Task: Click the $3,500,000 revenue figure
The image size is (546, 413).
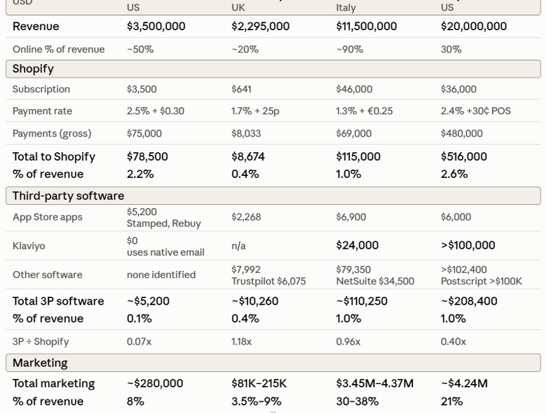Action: pyautogui.click(x=156, y=26)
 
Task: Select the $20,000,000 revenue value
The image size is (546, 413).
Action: pyautogui.click(x=474, y=26)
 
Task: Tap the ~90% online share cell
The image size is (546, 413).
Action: pyautogui.click(x=350, y=50)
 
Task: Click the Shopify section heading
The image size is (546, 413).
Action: pyautogui.click(x=33, y=69)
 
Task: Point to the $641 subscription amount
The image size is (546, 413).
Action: pyautogui.click(x=241, y=89)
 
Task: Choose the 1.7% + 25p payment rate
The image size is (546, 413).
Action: pyautogui.click(x=255, y=111)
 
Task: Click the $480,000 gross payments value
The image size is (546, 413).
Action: pyautogui.click(x=462, y=133)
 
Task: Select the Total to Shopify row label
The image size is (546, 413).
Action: pyautogui.click(x=54, y=157)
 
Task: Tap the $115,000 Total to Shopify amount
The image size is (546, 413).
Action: pyautogui.click(x=358, y=157)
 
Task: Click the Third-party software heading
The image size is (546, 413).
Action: pyautogui.click(x=68, y=195)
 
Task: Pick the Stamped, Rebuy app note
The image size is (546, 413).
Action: pyautogui.click(x=164, y=223)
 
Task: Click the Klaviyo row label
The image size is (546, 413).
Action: pyautogui.click(x=29, y=246)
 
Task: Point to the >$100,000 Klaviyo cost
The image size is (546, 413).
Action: pyautogui.click(x=468, y=245)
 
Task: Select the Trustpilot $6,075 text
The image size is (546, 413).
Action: pyautogui.click(x=268, y=281)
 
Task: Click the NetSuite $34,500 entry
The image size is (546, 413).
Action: pyautogui.click(x=375, y=281)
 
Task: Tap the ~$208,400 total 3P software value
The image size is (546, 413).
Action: pyautogui.click(x=469, y=301)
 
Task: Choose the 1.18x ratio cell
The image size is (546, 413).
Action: pyautogui.click(x=241, y=342)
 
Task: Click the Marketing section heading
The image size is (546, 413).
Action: pyautogui.click(x=40, y=363)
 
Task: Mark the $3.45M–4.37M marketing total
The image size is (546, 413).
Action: pyautogui.click(x=375, y=383)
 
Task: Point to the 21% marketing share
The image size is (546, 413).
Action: pyautogui.click(x=452, y=402)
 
